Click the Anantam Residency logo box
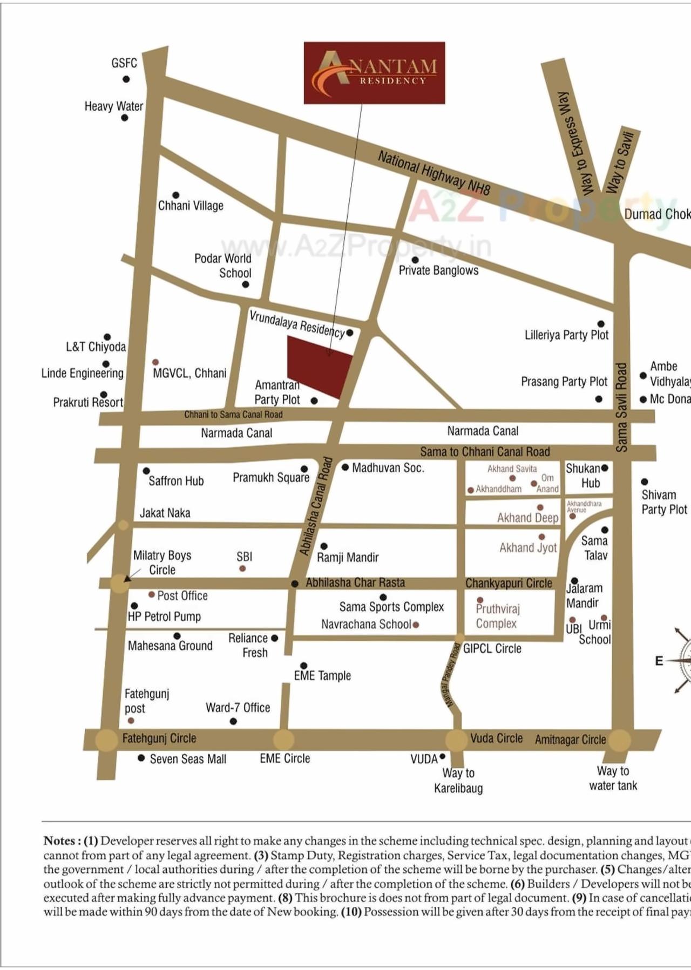click(x=374, y=73)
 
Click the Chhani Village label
click(x=191, y=206)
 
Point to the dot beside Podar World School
click(x=246, y=284)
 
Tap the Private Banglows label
click(x=438, y=270)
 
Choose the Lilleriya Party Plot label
click(x=566, y=335)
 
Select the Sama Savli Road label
click(x=621, y=407)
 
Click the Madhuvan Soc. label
click(x=388, y=468)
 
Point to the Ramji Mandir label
click(x=348, y=557)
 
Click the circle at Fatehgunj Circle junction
click(x=106, y=740)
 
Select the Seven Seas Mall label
click(x=188, y=759)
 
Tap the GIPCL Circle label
click(x=492, y=649)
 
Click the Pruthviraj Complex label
click(x=497, y=616)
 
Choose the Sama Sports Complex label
click(x=391, y=607)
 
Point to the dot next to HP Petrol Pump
click(x=134, y=606)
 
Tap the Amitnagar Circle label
click(x=570, y=740)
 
